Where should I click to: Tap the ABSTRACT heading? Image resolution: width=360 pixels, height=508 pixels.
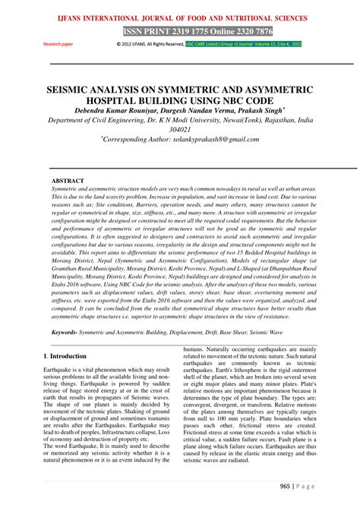point(68,181)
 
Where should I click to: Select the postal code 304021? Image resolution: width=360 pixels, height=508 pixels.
point(180,130)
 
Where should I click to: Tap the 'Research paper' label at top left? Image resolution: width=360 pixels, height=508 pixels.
point(58,43)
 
